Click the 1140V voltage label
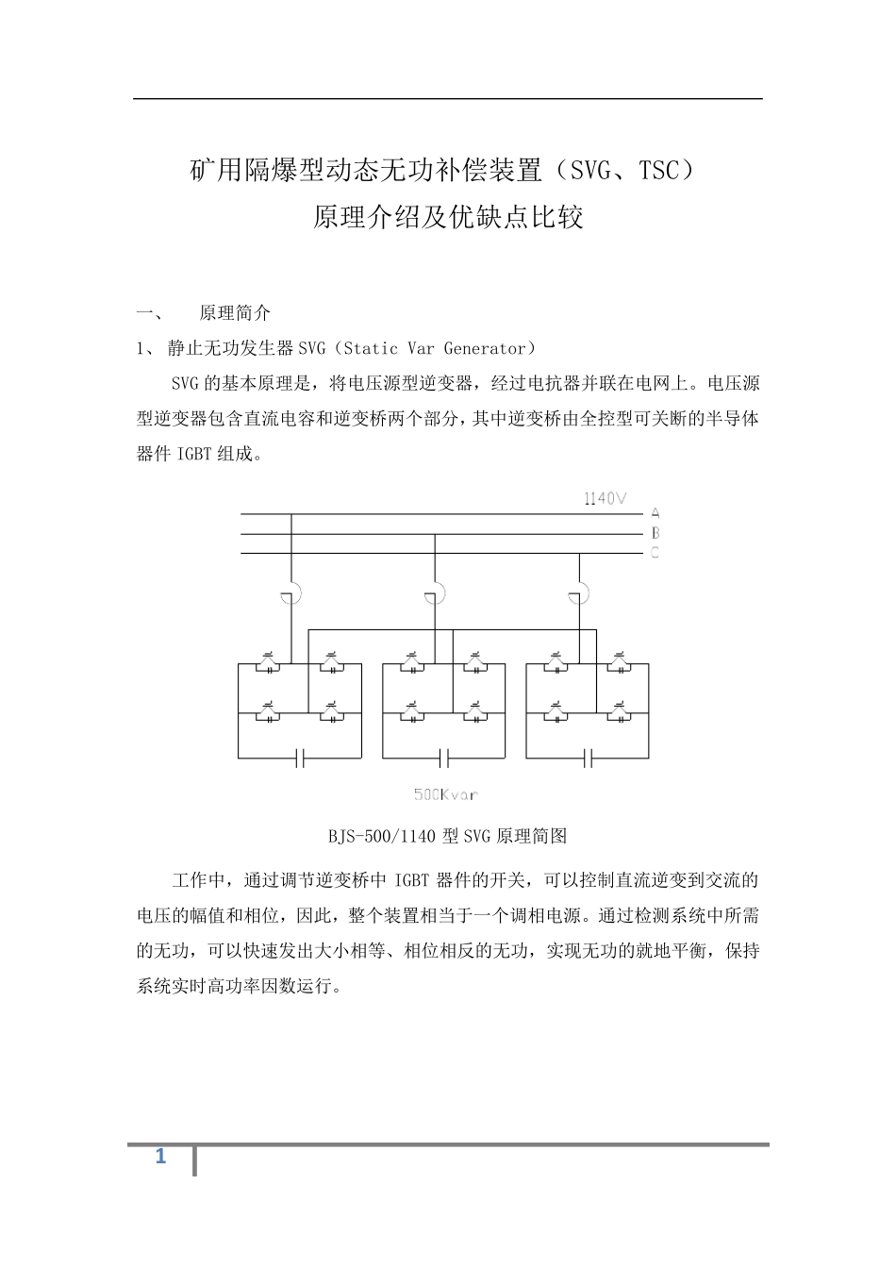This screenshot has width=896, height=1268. tap(605, 498)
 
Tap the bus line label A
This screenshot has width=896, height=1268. tap(655, 513)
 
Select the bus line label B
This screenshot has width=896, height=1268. tap(655, 533)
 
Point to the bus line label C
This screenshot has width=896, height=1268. tap(655, 553)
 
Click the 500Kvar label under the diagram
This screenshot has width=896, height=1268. tap(445, 794)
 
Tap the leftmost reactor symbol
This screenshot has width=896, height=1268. tap(291, 595)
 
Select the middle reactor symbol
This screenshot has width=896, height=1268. tap(435, 595)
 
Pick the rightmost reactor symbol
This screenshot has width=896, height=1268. tap(578, 595)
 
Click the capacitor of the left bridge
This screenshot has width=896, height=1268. tap(300, 757)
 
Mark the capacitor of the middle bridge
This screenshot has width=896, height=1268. tap(443, 757)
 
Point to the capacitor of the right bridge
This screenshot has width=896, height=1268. tap(587, 757)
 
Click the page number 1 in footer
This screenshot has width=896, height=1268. tap(160, 1157)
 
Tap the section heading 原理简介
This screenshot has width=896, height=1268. tap(235, 313)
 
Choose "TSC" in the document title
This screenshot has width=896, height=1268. tap(658, 171)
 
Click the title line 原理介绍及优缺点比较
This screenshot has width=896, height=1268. tap(448, 218)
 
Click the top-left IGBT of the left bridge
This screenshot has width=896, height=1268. tap(270, 665)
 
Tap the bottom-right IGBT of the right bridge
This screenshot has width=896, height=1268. tap(618, 714)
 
